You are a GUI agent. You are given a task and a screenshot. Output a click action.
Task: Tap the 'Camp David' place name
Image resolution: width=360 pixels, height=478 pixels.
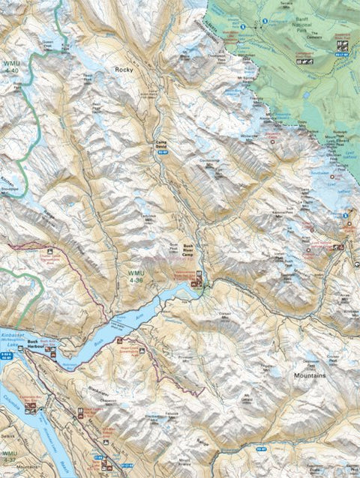pos(160,144)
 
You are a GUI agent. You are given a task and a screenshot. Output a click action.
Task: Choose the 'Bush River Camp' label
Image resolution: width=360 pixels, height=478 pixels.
pos(187,249)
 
